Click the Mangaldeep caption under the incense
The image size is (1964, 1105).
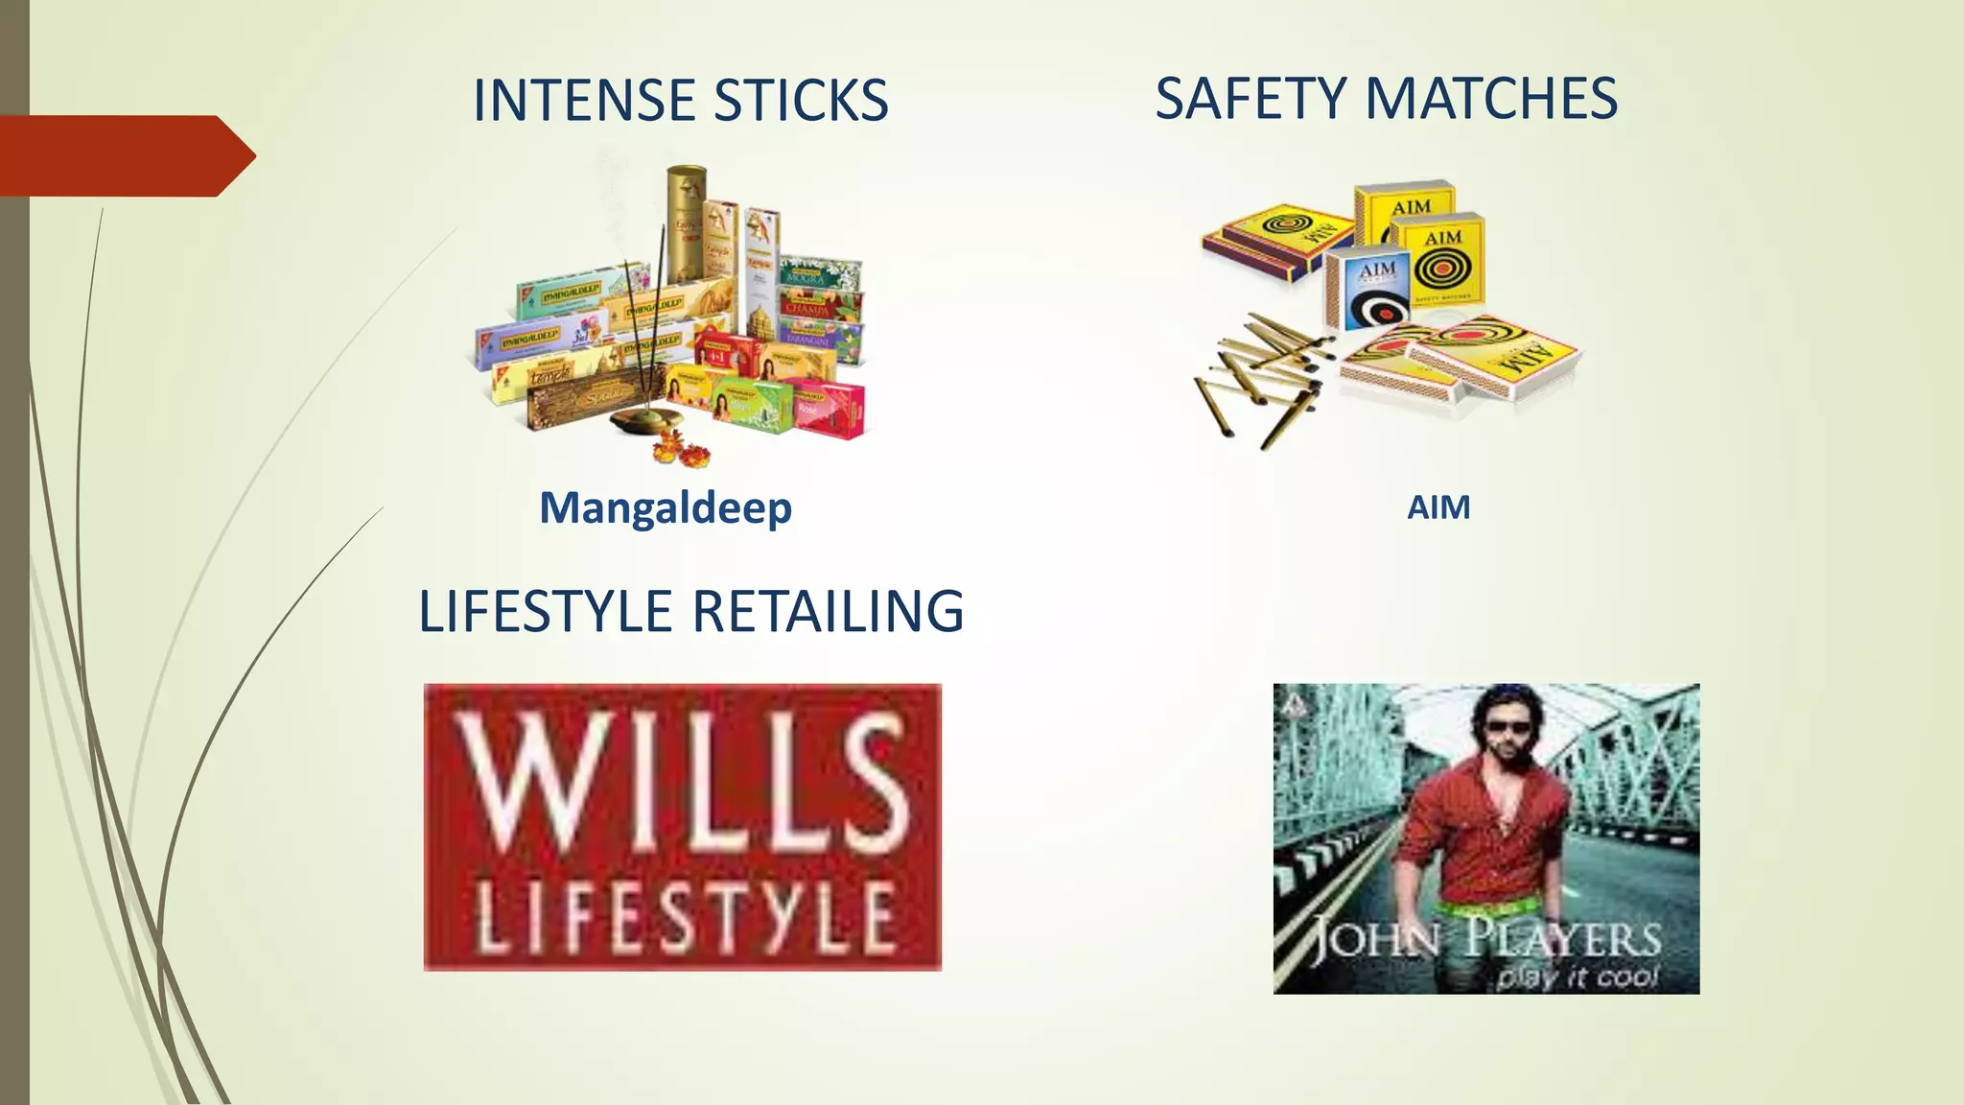click(x=666, y=507)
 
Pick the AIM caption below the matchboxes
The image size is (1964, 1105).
click(x=1438, y=507)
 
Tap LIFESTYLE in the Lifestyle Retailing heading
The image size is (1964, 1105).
click(x=546, y=611)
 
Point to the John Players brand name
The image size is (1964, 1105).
click(x=1485, y=939)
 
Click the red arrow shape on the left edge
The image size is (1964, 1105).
click(x=125, y=155)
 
